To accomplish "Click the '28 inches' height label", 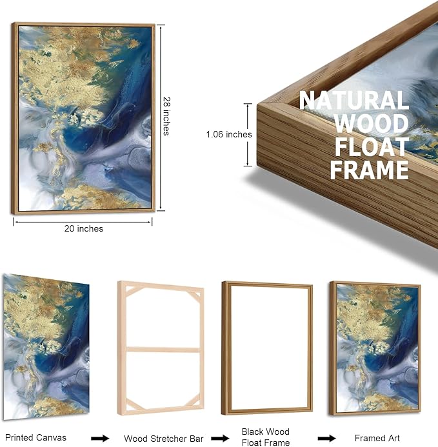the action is point(166,116).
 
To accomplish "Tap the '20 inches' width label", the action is point(84,228).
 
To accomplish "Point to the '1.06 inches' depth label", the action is point(229,134).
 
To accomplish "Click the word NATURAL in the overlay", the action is point(354,100).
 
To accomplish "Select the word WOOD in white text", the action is point(372,123).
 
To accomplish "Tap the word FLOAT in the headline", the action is point(372,146).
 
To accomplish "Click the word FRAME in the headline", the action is point(369,170).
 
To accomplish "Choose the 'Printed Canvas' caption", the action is point(35,437).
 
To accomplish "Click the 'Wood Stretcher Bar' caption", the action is point(164,439).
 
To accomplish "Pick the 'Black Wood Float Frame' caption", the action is point(266,437).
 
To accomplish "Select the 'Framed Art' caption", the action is point(377,438).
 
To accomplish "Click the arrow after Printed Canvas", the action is point(100,438).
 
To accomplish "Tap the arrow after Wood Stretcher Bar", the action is point(220,438).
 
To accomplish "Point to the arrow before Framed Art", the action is point(327,438).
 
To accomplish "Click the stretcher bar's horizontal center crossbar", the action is point(163,350).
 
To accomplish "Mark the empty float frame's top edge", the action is point(267,284).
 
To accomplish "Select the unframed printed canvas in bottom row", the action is point(46,346).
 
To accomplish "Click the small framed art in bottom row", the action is point(375,348).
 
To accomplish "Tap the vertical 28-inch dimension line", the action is point(161,118).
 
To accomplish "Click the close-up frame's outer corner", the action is point(258,104).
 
